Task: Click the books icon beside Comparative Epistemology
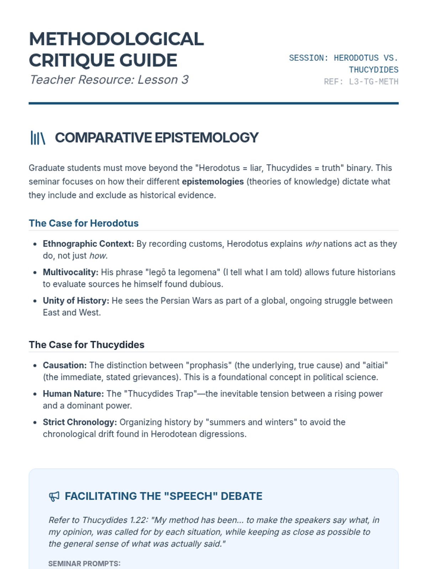(x=38, y=138)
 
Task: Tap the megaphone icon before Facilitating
(x=54, y=496)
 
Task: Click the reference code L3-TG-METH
(x=374, y=82)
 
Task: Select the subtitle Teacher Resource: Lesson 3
(x=109, y=80)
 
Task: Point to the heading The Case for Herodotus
(x=84, y=223)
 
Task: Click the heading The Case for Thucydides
(x=86, y=345)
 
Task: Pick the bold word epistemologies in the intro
(x=213, y=182)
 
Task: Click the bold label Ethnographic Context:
(x=88, y=244)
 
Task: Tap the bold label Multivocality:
(x=70, y=272)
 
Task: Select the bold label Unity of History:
(x=76, y=301)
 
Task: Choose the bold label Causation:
(x=65, y=366)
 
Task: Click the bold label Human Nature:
(x=73, y=394)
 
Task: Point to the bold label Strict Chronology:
(x=80, y=422)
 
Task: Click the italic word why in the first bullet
(x=313, y=244)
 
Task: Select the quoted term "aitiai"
(x=375, y=366)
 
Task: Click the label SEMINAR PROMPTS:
(x=84, y=564)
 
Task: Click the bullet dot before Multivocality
(x=35, y=273)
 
